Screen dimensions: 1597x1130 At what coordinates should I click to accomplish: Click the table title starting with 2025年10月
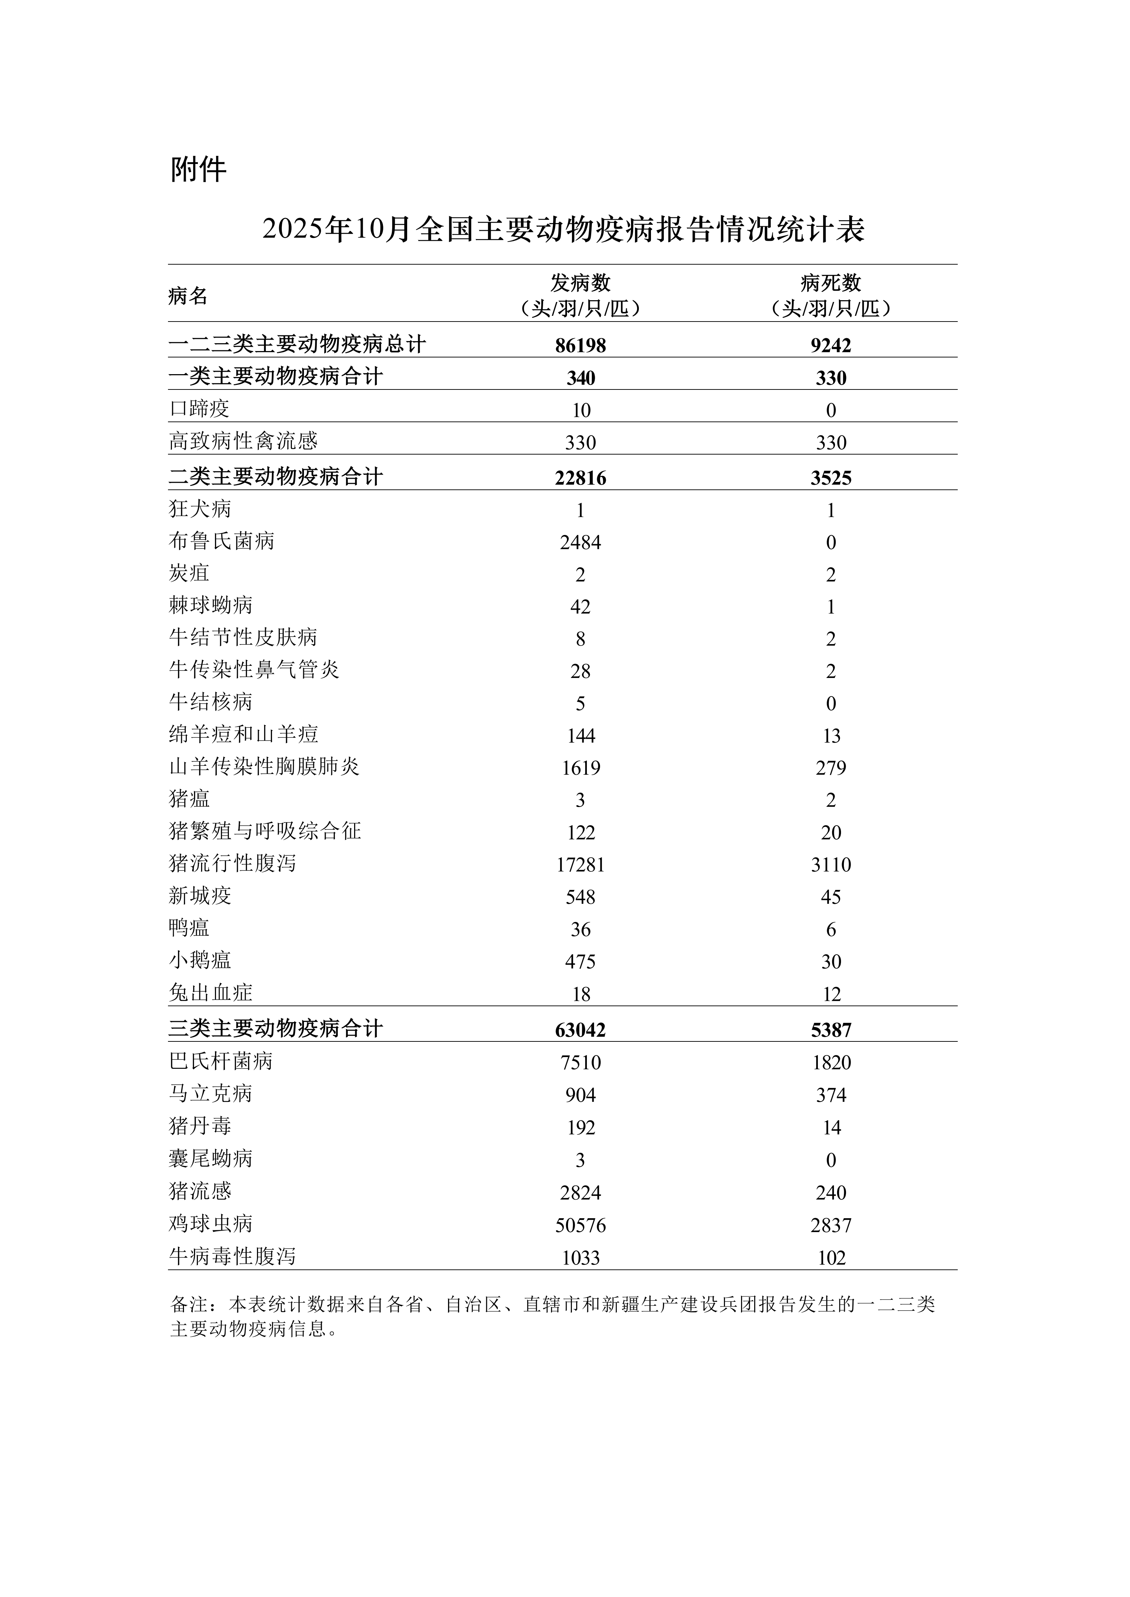[564, 229]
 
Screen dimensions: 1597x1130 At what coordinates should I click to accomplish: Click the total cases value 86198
[580, 345]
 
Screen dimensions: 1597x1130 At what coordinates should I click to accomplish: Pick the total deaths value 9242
[831, 345]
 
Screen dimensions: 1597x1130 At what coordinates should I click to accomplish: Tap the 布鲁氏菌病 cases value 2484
[580, 542]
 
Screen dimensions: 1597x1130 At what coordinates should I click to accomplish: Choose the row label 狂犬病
[200, 509]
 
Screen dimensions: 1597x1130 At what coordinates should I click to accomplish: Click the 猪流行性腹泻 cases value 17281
[580, 865]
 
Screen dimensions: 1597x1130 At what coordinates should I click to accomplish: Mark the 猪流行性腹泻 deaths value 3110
[831, 865]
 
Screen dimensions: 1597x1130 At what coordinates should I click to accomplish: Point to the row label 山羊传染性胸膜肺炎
[264, 767]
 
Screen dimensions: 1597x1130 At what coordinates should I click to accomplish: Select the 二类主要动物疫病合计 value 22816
[580, 478]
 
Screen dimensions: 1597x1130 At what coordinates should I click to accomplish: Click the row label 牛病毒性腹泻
[232, 1257]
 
